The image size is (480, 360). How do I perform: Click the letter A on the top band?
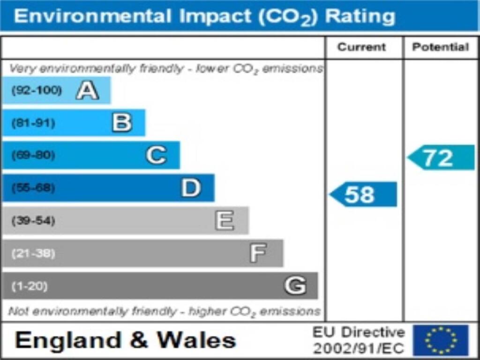tap(87, 90)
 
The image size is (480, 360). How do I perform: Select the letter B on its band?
tap(122, 123)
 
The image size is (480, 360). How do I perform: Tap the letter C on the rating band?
tap(156, 155)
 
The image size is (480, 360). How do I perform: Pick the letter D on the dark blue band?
tap(191, 188)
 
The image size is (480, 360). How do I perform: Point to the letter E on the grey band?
tap(225, 220)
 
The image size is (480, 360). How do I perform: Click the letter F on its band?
tap(258, 253)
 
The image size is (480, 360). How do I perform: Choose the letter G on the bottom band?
tap(295, 285)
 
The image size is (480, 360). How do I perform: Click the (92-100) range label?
tap(37, 90)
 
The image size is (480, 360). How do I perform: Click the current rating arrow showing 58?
tap(363, 195)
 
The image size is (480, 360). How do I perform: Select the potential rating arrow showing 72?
tap(441, 158)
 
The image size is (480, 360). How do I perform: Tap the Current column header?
tap(362, 47)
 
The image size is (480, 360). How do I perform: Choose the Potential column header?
tap(440, 47)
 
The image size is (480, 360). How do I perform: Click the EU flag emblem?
tap(441, 340)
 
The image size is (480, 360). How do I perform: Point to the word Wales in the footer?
tap(196, 340)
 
